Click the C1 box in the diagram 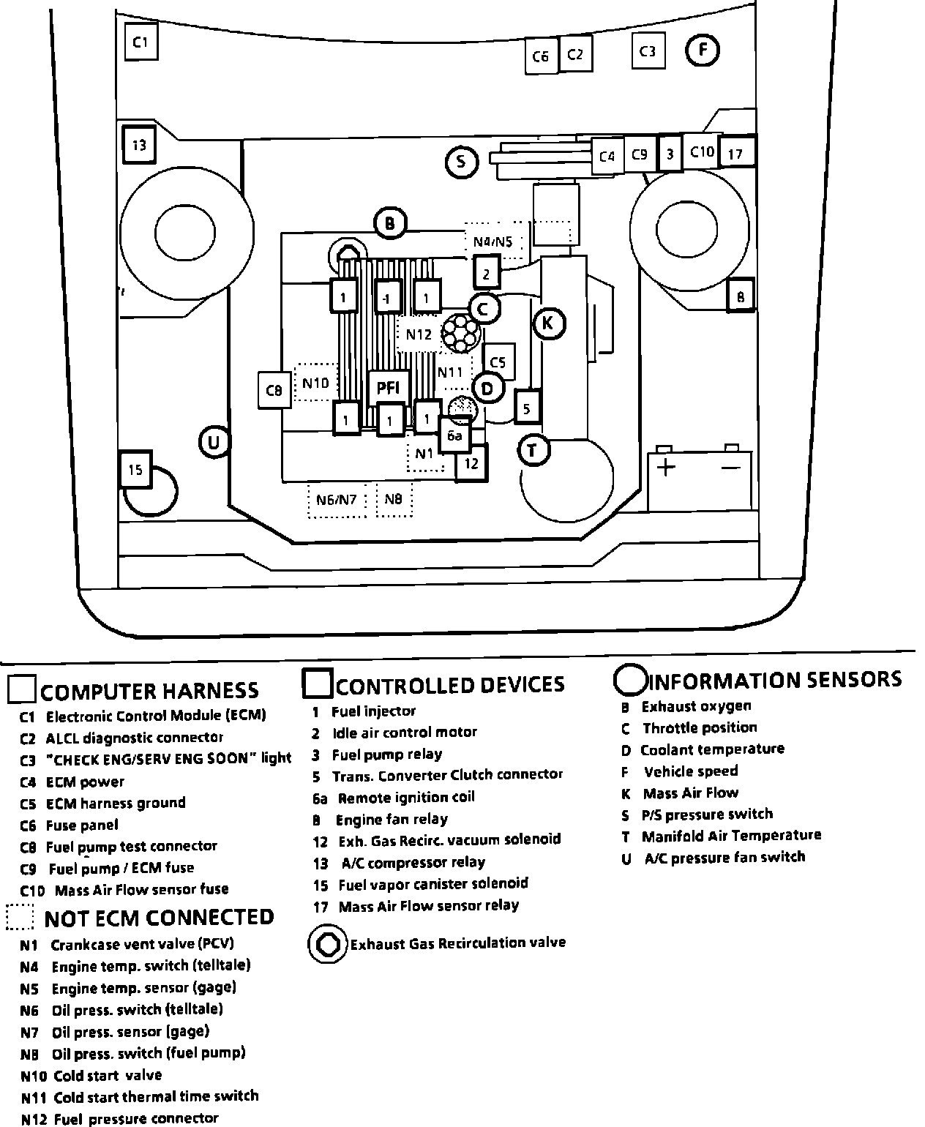coord(141,42)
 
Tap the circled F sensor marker coord(703,50)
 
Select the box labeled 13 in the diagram coord(139,145)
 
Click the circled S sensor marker coord(461,161)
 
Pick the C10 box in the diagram coord(701,151)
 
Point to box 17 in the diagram coord(735,154)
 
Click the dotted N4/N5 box coord(493,241)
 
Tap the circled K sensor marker coord(549,323)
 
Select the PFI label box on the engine coord(388,388)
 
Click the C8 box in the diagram coord(274,391)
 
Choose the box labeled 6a coord(454,436)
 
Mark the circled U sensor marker coord(214,442)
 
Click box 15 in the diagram coord(136,469)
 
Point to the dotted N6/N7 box coord(337,500)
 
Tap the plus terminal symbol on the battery coord(665,467)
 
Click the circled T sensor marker coord(533,450)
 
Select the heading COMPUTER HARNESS coord(150,691)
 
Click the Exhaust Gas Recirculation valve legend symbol coord(326,944)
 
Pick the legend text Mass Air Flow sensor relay coord(428,906)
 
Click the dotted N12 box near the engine coord(419,334)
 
